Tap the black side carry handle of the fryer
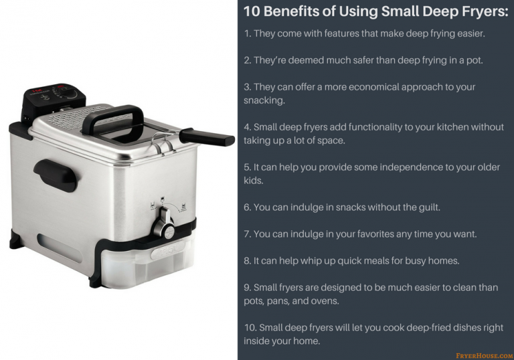point(55,175)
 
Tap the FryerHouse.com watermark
point(485,355)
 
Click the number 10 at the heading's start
point(252,11)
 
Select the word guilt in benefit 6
point(430,207)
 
